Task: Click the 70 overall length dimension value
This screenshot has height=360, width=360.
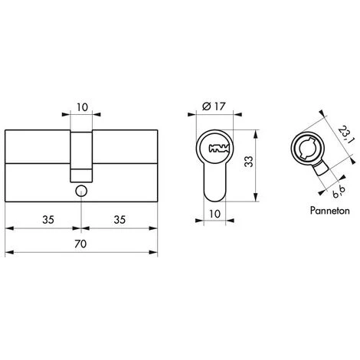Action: pos(80,244)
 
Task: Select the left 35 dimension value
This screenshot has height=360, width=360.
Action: pos(48,220)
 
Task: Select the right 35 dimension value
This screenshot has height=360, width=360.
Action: pos(119,220)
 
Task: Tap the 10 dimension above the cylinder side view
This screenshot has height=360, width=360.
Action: pos(82,107)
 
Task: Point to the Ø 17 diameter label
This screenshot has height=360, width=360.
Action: pos(214,106)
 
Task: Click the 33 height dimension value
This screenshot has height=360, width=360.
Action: pos(249,162)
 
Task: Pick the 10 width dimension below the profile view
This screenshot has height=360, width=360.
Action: pos(214,214)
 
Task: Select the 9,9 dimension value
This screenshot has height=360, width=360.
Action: pos(339,192)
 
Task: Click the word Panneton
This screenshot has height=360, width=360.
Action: pos(329,211)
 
